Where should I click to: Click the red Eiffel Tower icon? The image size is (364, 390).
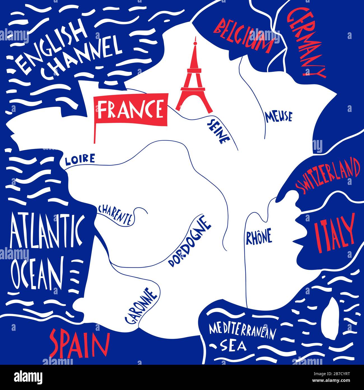click(x=193, y=79)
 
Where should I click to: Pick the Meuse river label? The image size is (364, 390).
click(x=279, y=117)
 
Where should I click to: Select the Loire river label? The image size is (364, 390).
click(x=80, y=160)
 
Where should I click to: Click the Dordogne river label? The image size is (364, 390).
click(x=189, y=241)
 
